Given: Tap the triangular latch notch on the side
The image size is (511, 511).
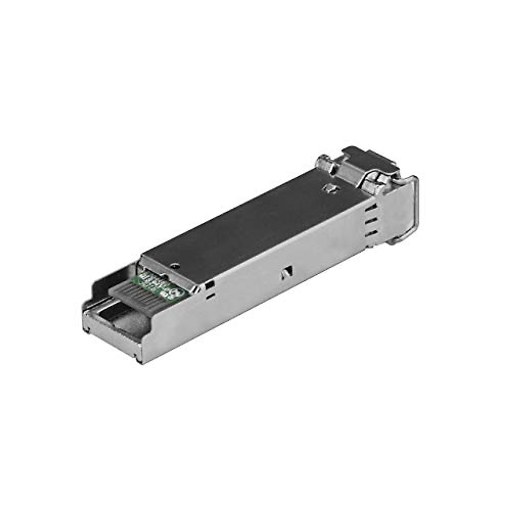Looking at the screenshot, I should pos(288,273).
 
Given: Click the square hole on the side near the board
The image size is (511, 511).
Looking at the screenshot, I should pos(210,284).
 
